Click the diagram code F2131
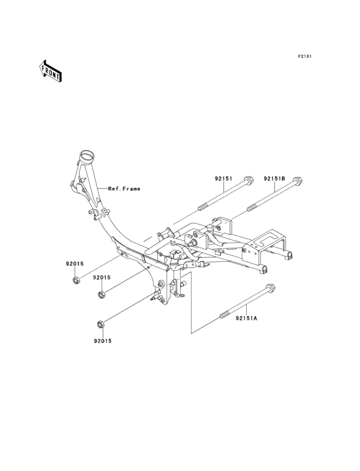pyautogui.click(x=305, y=57)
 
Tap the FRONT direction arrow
pyautogui.click(x=50, y=71)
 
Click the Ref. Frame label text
pyautogui.click(x=124, y=189)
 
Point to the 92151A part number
pyautogui.click(x=246, y=318)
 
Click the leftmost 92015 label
pyautogui.click(x=75, y=263)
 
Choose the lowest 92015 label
pyautogui.click(x=101, y=340)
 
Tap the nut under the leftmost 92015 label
pyautogui.click(x=76, y=280)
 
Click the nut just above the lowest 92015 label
pyautogui.click(x=100, y=323)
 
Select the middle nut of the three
pyautogui.click(x=101, y=295)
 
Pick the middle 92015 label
pyautogui.click(x=102, y=277)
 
